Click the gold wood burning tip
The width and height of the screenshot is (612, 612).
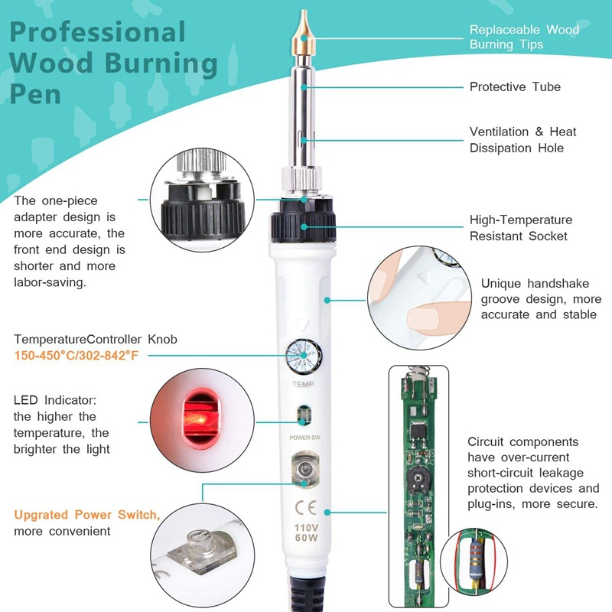tap(303, 33)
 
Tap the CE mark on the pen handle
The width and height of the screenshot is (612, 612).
tap(305, 508)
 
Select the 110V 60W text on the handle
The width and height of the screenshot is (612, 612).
tap(306, 532)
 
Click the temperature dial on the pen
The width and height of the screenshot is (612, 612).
tap(304, 356)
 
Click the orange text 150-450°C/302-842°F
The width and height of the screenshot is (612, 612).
tap(76, 356)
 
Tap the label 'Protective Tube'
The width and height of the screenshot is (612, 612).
tap(515, 86)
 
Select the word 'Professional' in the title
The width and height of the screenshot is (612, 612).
tap(98, 32)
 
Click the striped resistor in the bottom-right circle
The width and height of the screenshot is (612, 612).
tap(475, 559)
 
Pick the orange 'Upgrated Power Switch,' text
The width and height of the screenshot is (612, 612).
tap(87, 515)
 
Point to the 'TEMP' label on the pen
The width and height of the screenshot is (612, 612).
tap(303, 385)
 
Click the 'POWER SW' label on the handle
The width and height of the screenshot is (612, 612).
tap(304, 438)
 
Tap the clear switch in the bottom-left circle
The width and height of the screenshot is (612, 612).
tap(202, 551)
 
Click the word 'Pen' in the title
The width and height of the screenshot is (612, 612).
tap(35, 94)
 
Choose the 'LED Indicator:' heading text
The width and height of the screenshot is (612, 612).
tap(55, 400)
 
